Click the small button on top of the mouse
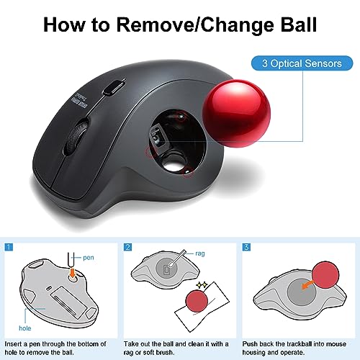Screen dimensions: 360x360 pyautogui.click(x=111, y=87)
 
